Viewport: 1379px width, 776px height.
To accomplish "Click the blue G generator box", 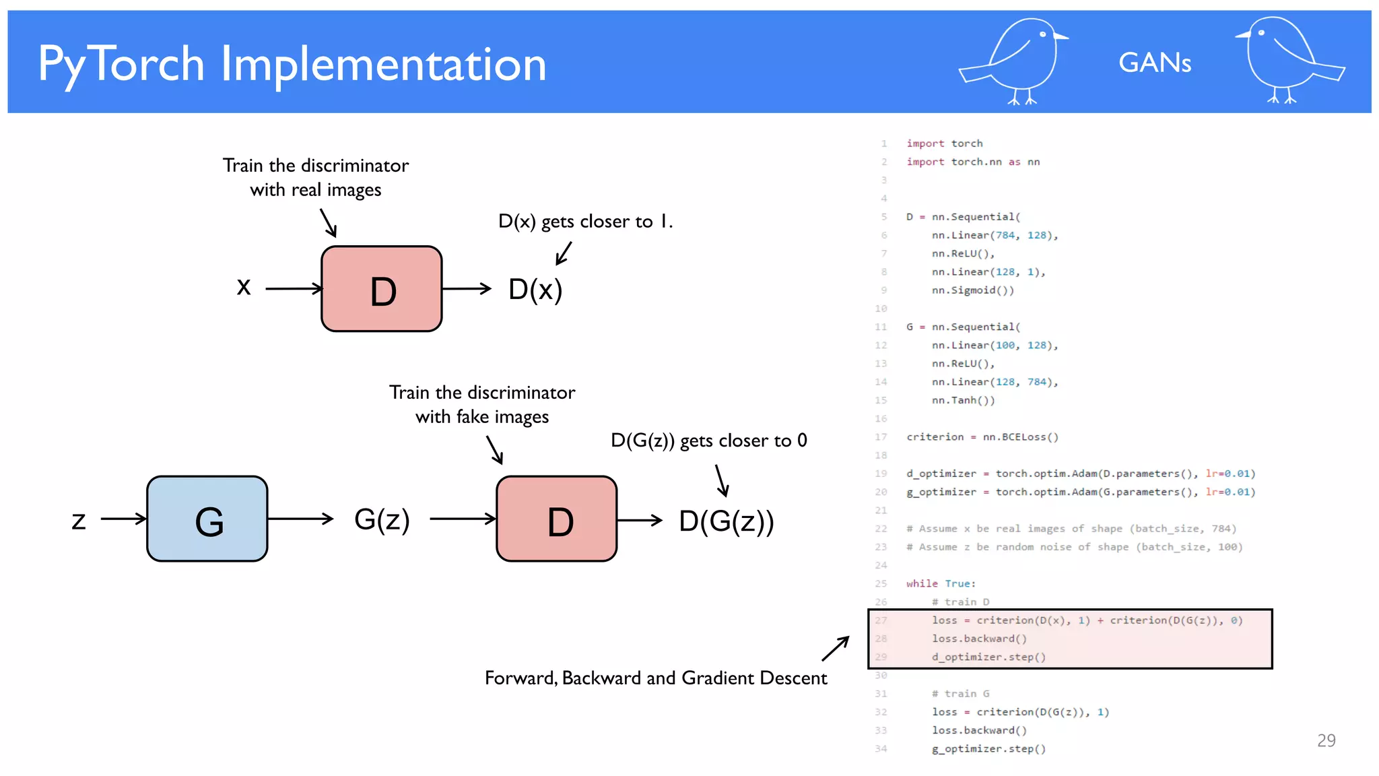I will pyautogui.click(x=207, y=519).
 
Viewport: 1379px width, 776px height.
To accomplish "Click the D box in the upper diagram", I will pyautogui.click(x=382, y=289).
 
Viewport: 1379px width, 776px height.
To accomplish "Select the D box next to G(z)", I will pyautogui.click(x=557, y=519).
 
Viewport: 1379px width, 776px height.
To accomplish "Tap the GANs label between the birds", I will pyautogui.click(x=1155, y=63).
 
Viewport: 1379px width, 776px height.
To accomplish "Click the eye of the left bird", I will pyautogui.click(x=1043, y=34).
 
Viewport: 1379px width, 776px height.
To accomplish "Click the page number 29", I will pyautogui.click(x=1326, y=740).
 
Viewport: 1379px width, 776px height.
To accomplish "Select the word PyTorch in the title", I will pyautogui.click(x=121, y=64).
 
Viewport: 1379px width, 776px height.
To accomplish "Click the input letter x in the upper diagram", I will pyautogui.click(x=244, y=287).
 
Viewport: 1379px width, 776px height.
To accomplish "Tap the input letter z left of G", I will pyautogui.click(x=79, y=520).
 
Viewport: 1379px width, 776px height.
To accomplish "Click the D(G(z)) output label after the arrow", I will pyautogui.click(x=727, y=521).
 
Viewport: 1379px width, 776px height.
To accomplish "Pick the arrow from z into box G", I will pyautogui.click(x=123, y=519).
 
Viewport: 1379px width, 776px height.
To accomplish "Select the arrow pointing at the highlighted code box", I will pyautogui.click(x=835, y=649).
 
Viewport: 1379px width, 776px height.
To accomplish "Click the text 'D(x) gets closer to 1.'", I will pyautogui.click(x=585, y=221).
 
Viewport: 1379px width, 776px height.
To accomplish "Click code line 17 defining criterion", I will pyautogui.click(x=982, y=437).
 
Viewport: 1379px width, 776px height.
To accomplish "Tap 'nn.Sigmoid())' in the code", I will pyautogui.click(x=972, y=290).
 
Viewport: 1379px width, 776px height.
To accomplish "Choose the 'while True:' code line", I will pyautogui.click(x=940, y=583).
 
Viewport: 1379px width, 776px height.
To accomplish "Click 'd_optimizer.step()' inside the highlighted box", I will pyautogui.click(x=988, y=657).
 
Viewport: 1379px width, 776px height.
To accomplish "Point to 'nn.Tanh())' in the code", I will pyautogui.click(x=963, y=400).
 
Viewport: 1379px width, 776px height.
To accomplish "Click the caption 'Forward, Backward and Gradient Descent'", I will pyautogui.click(x=656, y=678).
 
